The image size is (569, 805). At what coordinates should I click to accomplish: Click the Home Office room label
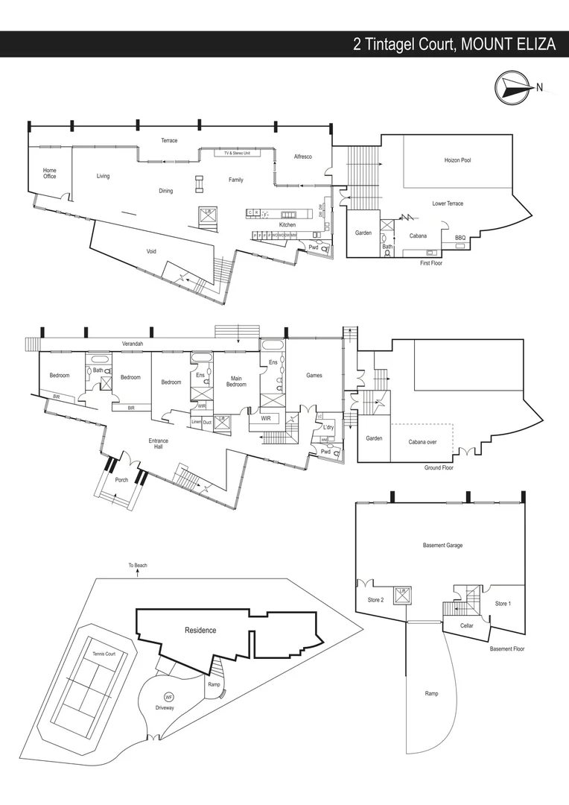(x=49, y=174)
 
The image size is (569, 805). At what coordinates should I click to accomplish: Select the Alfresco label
(x=302, y=157)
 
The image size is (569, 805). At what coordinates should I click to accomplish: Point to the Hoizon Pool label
(x=457, y=160)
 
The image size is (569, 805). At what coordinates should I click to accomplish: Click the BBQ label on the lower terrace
(x=460, y=238)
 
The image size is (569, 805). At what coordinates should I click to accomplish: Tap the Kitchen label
(x=287, y=224)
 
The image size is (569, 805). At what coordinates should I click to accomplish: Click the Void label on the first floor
(x=151, y=251)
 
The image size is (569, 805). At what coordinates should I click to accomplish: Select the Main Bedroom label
(x=236, y=381)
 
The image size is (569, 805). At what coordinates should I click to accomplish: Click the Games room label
(x=314, y=376)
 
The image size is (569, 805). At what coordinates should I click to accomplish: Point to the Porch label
(x=121, y=480)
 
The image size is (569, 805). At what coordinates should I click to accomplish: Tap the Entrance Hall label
(x=158, y=443)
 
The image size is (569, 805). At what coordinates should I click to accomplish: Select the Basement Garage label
(x=442, y=546)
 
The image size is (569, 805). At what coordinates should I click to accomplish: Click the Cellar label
(x=467, y=625)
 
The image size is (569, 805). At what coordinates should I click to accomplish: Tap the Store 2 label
(x=375, y=600)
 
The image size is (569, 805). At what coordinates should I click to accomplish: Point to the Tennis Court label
(x=104, y=654)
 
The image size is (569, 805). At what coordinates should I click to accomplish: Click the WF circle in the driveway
(x=168, y=697)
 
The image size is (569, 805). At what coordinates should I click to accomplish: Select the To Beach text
(x=137, y=566)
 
